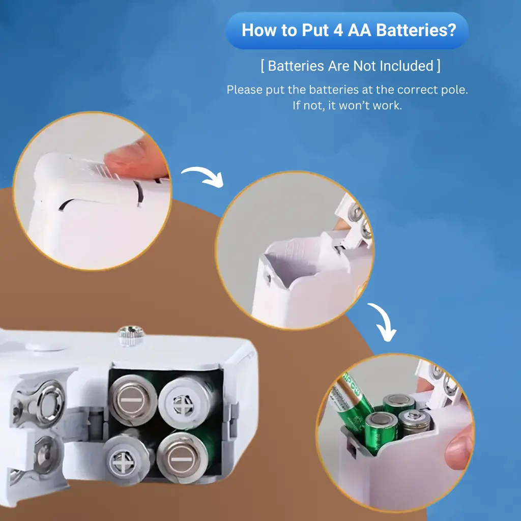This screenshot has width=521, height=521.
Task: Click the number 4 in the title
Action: click(x=338, y=31)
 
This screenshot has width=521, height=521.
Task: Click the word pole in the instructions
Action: click(x=454, y=90)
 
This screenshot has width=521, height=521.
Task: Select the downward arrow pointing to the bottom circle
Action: click(x=383, y=321)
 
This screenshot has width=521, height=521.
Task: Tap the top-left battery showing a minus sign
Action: click(x=133, y=400)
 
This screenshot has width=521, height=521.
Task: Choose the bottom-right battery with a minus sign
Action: click(x=180, y=457)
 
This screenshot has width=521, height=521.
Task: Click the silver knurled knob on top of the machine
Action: click(x=131, y=335)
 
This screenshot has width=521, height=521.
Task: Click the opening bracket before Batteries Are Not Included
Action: click(x=263, y=66)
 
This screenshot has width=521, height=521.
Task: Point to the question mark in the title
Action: click(x=452, y=30)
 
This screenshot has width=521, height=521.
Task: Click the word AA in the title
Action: click(x=360, y=30)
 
